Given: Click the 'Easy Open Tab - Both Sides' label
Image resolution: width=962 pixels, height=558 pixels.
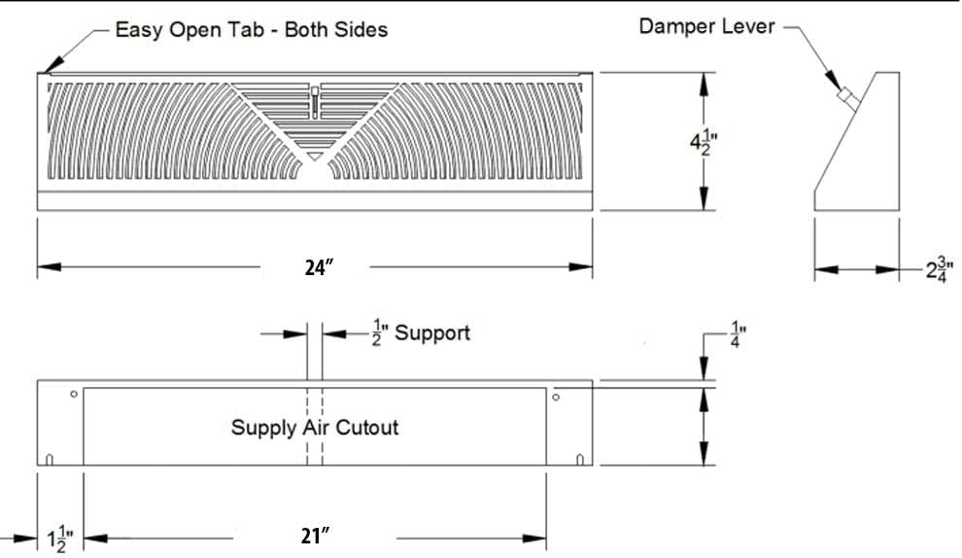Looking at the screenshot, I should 251,30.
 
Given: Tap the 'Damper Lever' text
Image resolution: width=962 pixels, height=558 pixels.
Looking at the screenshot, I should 706,26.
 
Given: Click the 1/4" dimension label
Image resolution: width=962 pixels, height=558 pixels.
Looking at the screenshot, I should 737,336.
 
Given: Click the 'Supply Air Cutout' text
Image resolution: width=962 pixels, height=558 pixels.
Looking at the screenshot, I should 314,427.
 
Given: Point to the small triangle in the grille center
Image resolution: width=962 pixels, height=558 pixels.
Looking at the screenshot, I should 314,156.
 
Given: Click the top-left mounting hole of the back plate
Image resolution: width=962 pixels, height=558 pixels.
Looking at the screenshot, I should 74,395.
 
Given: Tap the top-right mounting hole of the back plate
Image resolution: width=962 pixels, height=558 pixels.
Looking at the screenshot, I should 556,397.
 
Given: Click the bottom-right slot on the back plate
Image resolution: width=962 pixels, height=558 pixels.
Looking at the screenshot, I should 580,460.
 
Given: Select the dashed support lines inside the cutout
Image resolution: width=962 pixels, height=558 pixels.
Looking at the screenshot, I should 315,427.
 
